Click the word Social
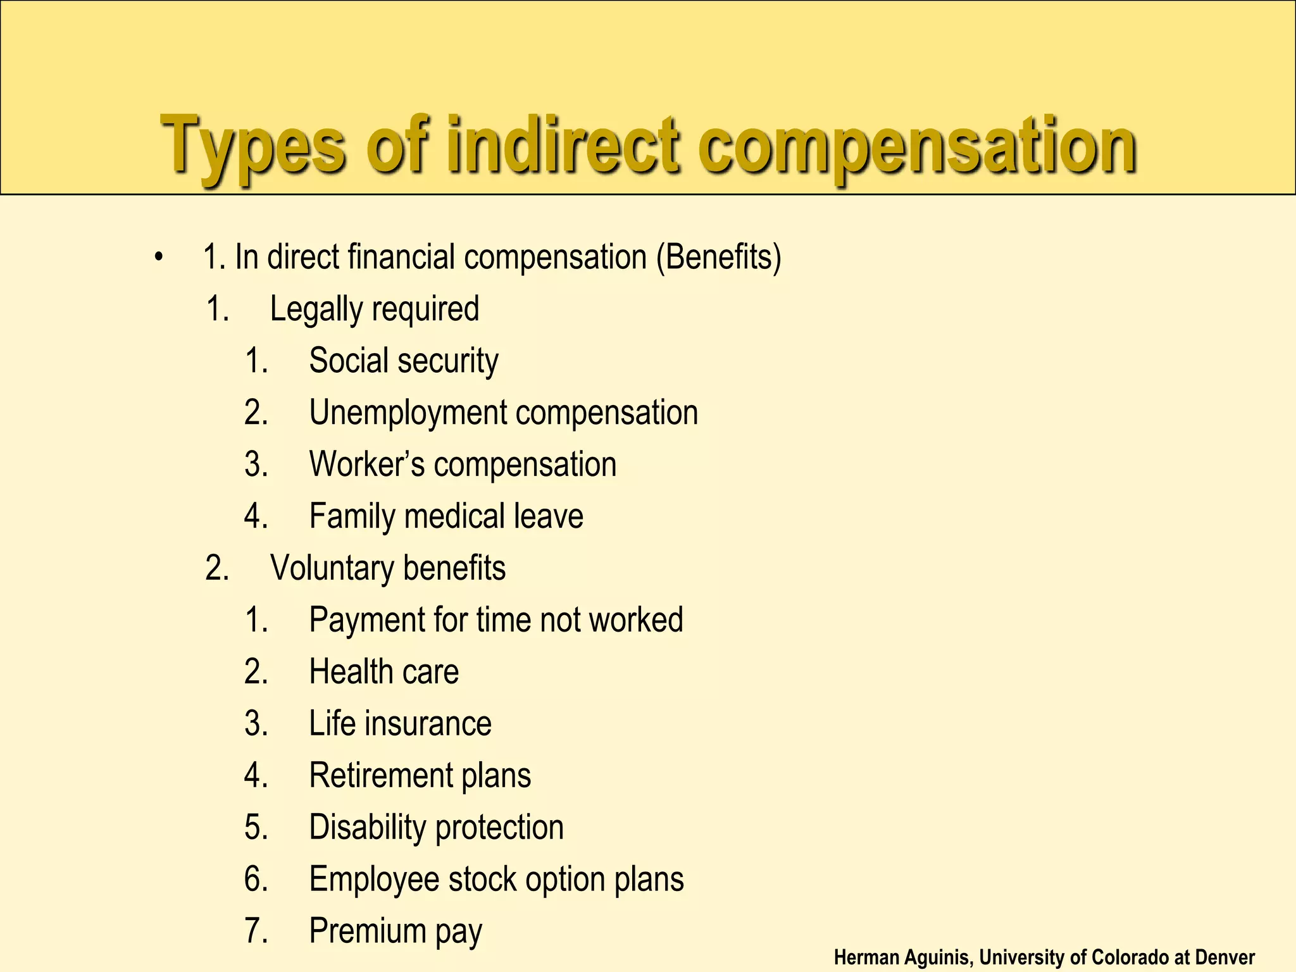348,361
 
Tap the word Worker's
366,464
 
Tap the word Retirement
380,775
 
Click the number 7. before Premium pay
256,931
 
